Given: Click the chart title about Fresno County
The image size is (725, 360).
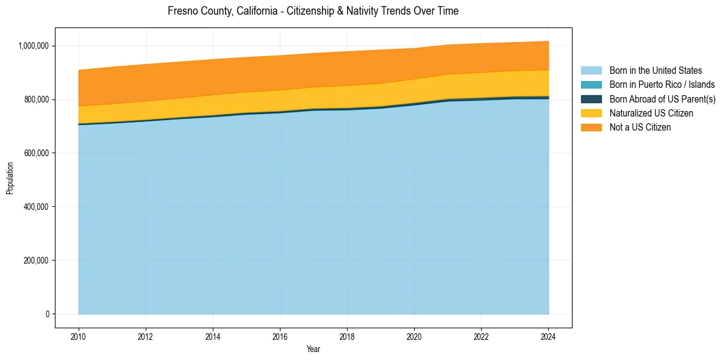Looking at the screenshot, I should (x=313, y=11).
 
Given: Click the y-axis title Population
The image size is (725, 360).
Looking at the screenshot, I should (x=10, y=178).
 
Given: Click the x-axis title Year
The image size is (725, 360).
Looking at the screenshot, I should (x=313, y=350).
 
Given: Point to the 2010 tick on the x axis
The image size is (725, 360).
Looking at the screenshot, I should (x=78, y=336).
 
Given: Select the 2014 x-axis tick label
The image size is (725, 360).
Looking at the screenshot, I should (x=212, y=336).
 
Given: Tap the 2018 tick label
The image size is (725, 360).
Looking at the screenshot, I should (x=346, y=336).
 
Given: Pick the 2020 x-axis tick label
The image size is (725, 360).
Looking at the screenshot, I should (x=414, y=336).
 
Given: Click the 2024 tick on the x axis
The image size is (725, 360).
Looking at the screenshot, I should (x=548, y=336).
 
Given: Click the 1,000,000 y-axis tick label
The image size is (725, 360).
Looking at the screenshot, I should (x=37, y=46).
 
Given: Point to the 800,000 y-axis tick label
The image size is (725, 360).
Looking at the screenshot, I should (x=40, y=99).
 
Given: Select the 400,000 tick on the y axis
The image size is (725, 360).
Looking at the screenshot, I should (x=40, y=207).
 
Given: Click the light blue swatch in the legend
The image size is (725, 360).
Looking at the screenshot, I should (x=591, y=71).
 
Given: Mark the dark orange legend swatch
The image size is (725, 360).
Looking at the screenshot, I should (x=591, y=128).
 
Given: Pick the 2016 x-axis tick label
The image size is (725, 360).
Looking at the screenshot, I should (x=279, y=336).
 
